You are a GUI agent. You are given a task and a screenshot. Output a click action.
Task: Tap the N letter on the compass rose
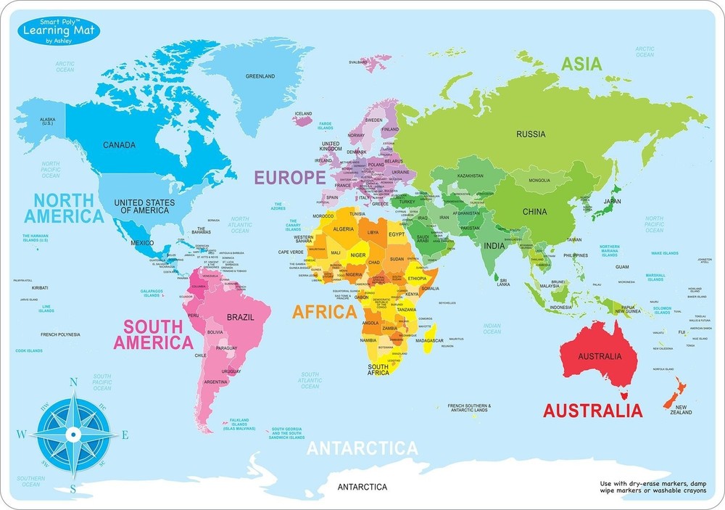pos(73,382)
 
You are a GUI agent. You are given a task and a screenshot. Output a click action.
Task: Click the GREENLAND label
pos(260,76)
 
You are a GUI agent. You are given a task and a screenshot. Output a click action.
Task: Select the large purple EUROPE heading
pos(289,177)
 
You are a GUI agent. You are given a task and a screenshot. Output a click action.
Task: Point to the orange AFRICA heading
pos(324,312)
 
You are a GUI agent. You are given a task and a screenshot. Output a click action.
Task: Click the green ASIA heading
pos(581,64)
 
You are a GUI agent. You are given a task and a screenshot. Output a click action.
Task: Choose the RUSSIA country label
pos(531,133)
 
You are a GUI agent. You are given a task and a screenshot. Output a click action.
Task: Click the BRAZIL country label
pos(240,318)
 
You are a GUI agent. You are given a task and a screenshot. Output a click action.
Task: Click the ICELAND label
pos(302,114)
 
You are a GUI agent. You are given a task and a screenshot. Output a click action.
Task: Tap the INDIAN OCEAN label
pos(492,329)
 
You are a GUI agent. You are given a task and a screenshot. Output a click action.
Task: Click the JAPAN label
pos(613,201)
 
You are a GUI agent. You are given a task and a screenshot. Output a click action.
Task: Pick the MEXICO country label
pos(142,242)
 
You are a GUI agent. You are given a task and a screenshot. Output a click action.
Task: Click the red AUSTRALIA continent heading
pos(592,411)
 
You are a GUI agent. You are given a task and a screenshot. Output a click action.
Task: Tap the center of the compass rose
pos(72,434)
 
